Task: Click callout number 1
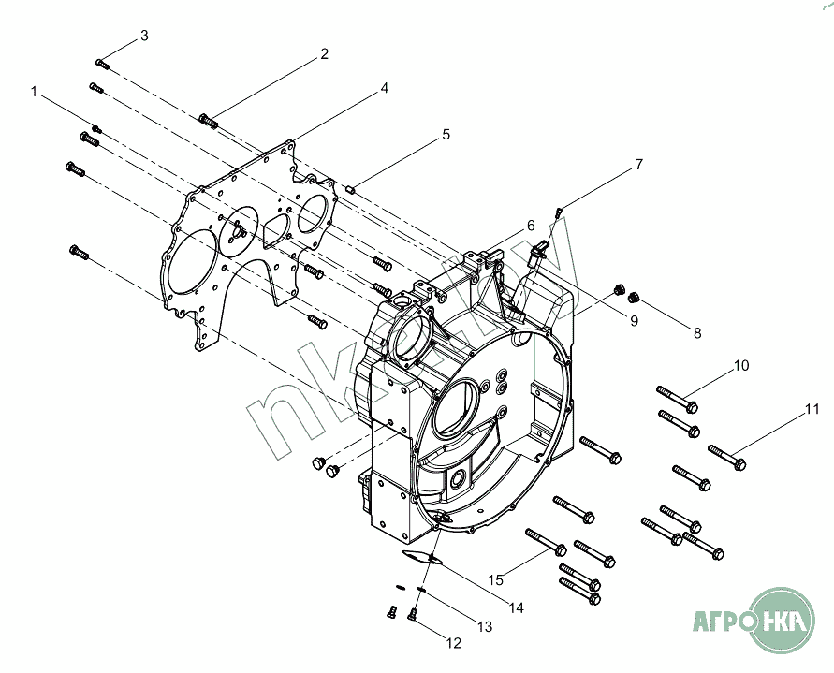tap(34, 92)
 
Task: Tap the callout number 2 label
tap(324, 53)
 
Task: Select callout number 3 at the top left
tap(144, 36)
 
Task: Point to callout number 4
tap(384, 88)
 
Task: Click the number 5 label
tap(446, 135)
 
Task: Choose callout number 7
tap(638, 165)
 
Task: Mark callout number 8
tap(697, 333)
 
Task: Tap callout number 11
tap(812, 409)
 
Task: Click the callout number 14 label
tap(516, 607)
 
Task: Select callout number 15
tap(495, 580)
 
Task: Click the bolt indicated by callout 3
tap(103, 64)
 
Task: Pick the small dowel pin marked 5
tap(350, 188)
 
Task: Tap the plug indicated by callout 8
tap(633, 297)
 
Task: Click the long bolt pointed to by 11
tap(727, 458)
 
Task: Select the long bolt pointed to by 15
tap(546, 542)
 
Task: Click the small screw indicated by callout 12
tap(412, 614)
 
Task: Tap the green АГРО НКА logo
tap(754, 621)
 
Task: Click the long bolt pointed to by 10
tap(677, 400)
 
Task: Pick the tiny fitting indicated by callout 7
tap(558, 212)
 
